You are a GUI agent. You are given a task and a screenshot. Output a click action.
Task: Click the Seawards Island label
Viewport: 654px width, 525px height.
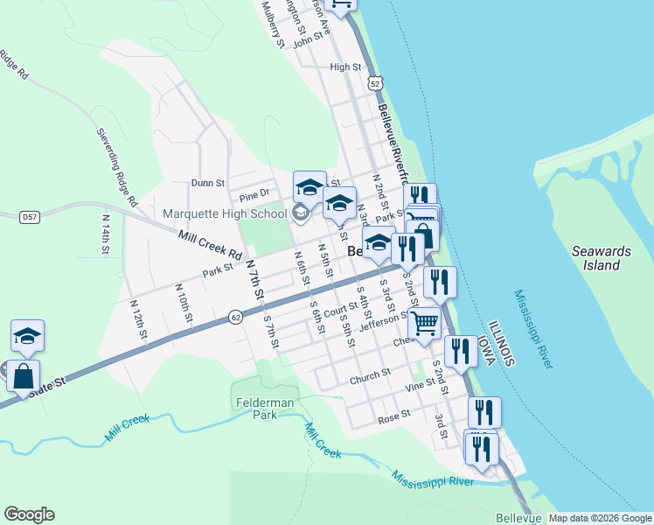pos(595,258)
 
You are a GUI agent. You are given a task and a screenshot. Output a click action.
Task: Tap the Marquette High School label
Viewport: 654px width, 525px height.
pos(225,213)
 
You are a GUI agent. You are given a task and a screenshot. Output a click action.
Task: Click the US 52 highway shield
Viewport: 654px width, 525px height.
pos(375,83)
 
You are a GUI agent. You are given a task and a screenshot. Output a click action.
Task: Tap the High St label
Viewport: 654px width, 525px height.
pos(345,66)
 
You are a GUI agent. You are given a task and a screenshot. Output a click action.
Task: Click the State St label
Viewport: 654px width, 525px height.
pos(43,387)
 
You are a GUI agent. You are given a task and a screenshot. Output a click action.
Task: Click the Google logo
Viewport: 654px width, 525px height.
pos(29,514)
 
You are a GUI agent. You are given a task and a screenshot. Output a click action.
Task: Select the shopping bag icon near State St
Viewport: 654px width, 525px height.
pos(23,376)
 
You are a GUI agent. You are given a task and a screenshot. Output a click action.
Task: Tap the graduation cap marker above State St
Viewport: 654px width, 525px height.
pos(27,336)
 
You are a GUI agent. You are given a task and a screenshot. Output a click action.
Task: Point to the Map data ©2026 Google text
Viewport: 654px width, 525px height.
pos(600,518)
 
